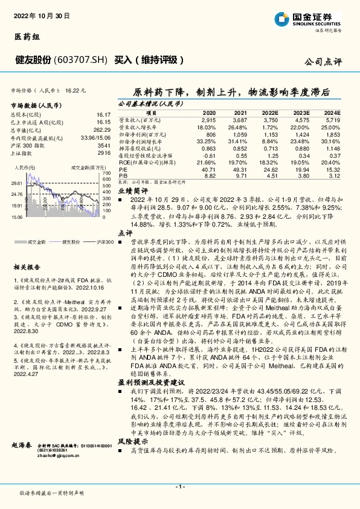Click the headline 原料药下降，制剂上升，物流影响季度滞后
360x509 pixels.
tap(231, 92)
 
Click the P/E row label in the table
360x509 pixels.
tap(122, 170)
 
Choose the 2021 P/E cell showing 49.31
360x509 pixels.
tap(240, 170)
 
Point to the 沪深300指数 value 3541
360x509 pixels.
tap(103, 146)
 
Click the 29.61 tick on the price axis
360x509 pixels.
tap(17, 182)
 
